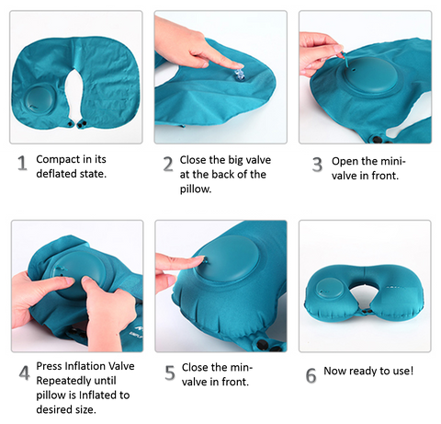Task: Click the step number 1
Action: pyautogui.click(x=22, y=163)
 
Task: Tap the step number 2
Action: pyautogui.click(x=168, y=164)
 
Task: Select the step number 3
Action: pyautogui.click(x=317, y=165)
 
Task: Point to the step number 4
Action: pyautogui.click(x=25, y=373)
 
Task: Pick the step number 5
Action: pyautogui.click(x=170, y=373)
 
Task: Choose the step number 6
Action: pyautogui.click(x=311, y=375)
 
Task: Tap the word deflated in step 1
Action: pyautogui.click(x=57, y=174)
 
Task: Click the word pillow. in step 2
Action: pyautogui.click(x=196, y=189)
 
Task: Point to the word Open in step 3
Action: pyautogui.click(x=345, y=162)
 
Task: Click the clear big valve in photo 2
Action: pyautogui.click(x=239, y=75)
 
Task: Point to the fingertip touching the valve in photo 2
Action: pyautogui.click(x=238, y=65)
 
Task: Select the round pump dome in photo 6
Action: pyautogui.click(x=330, y=290)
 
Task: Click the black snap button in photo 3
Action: pyautogui.click(x=377, y=140)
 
